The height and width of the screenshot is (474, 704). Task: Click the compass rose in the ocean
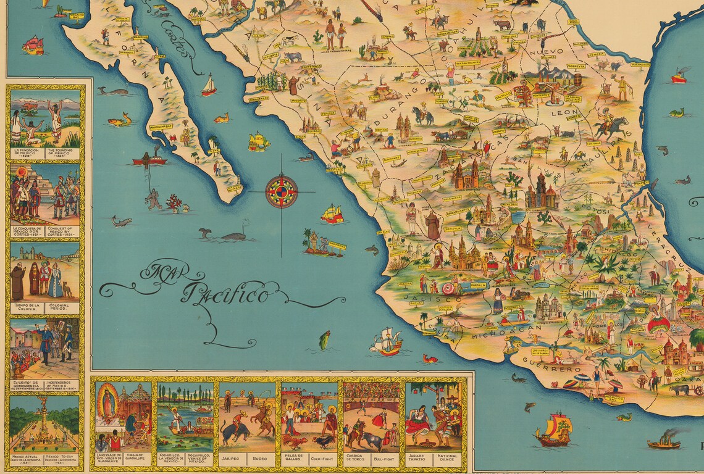282,192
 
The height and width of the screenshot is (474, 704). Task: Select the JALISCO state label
422,297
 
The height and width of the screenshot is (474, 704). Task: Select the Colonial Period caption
62,307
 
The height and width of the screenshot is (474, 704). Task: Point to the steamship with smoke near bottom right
664,443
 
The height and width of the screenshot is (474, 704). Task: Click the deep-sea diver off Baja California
153,199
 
